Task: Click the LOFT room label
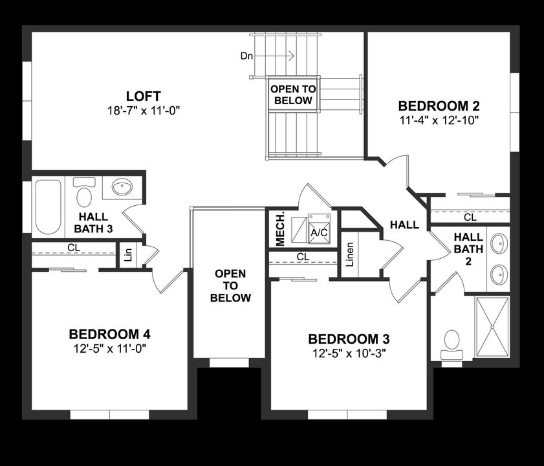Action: point(143,96)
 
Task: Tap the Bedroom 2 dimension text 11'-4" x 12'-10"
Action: point(439,120)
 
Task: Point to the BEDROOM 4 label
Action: point(109,335)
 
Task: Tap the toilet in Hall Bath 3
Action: point(84,194)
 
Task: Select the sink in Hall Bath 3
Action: point(122,188)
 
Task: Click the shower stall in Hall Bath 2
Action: point(493,327)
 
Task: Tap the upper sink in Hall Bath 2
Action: point(499,245)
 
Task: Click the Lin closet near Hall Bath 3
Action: point(128,254)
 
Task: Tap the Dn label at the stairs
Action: point(246,56)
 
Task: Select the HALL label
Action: point(404,225)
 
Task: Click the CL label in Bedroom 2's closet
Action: point(470,217)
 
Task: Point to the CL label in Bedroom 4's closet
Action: point(74,247)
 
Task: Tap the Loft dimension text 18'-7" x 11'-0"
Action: point(143,111)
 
